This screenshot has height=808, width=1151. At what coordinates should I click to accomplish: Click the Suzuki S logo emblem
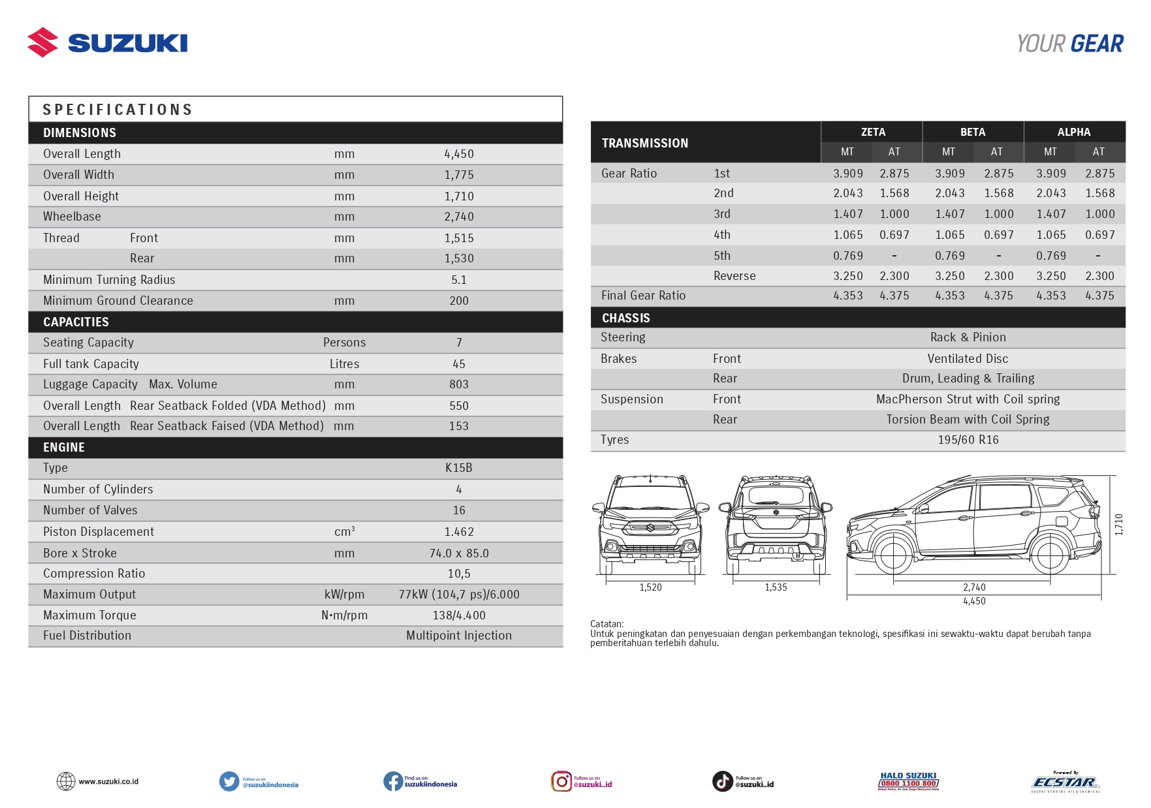pos(42,42)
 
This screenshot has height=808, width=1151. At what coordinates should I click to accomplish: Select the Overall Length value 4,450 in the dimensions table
pos(459,154)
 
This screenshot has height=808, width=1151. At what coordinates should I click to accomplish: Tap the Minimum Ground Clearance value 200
pos(459,301)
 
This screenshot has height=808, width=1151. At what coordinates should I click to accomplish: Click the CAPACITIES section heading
pos(76,322)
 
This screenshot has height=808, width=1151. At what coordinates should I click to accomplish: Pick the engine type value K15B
pos(459,468)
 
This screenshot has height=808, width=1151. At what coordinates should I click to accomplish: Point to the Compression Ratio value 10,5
pos(459,574)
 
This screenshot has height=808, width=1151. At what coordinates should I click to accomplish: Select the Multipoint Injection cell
pos(459,636)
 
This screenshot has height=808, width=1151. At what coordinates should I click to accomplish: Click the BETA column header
pos(973,132)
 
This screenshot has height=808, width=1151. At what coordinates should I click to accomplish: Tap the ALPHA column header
pos(1074,132)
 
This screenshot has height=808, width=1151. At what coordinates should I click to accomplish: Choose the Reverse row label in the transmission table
pos(734,276)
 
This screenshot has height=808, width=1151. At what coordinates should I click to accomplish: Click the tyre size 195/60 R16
pos(968,440)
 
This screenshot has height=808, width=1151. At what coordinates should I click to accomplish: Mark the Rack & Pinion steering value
pos(968,337)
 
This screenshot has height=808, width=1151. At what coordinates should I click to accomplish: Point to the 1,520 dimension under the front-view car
pos(650,587)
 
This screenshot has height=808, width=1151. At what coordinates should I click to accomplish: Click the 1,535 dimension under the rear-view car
pos(776,587)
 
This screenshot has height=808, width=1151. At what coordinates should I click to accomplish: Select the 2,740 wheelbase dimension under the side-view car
pos(974,587)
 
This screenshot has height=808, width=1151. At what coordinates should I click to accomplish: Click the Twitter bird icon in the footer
pos(229,781)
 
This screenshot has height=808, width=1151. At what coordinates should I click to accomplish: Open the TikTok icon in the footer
pos(722,781)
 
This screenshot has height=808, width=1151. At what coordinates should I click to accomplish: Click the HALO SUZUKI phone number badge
pos(909,781)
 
